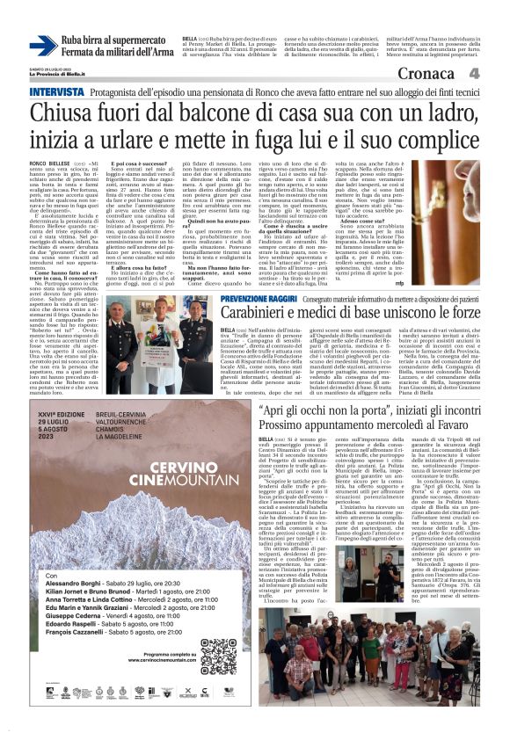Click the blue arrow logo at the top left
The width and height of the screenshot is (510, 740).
43,46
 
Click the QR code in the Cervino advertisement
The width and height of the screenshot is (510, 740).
217,656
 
